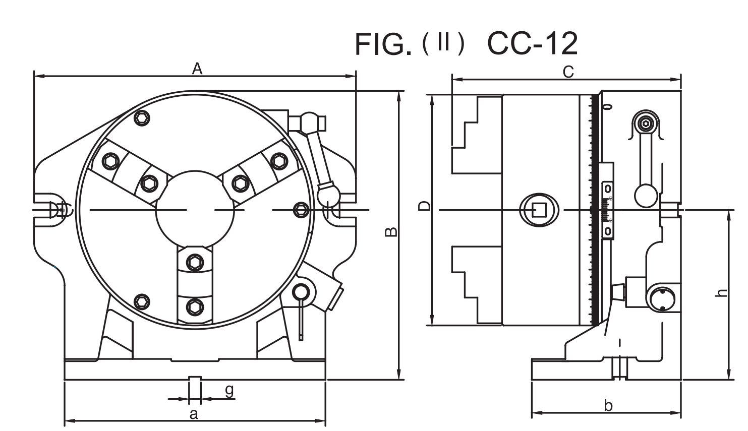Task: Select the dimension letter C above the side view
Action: (x=568, y=73)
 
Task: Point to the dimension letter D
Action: (x=425, y=206)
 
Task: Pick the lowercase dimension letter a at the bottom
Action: (x=193, y=414)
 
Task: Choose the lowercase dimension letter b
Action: (x=608, y=406)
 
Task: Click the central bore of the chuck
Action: (x=195, y=209)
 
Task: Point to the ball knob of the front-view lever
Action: (x=326, y=194)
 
